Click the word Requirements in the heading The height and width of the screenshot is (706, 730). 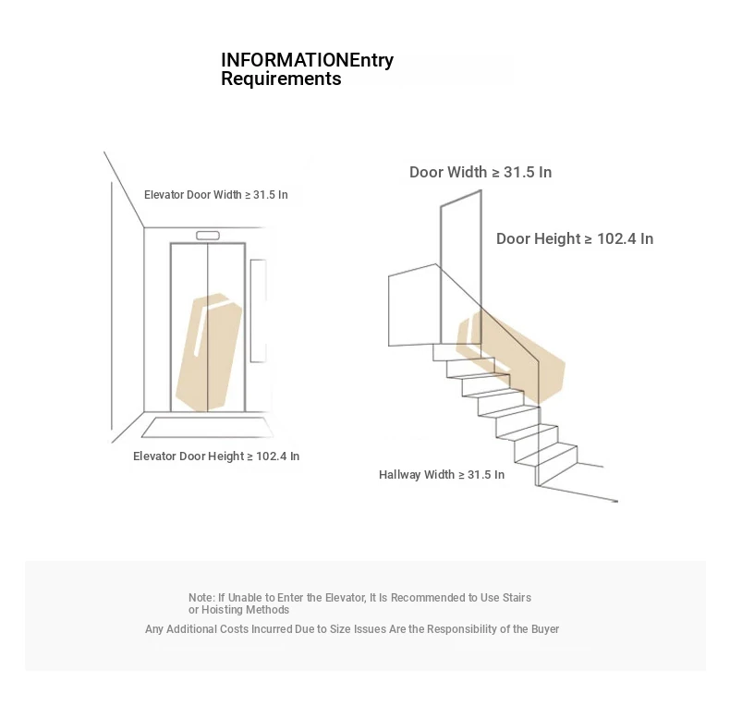(281, 79)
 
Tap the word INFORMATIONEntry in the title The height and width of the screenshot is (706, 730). (308, 60)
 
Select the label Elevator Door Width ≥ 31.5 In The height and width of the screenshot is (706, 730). (215, 195)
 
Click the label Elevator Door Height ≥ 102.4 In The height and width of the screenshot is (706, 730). (216, 456)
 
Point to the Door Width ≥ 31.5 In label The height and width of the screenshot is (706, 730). (481, 172)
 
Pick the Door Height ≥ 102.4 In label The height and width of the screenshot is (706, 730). (575, 238)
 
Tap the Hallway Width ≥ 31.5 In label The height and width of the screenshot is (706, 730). (442, 475)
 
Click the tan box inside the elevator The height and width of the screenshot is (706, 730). (209, 352)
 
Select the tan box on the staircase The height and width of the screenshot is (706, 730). (510, 357)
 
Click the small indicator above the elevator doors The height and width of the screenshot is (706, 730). (208, 236)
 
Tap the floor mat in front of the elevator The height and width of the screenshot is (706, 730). (207, 428)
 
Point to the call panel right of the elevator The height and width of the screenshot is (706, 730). (258, 310)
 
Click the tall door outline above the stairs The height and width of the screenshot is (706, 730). (461, 267)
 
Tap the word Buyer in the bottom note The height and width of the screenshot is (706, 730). (545, 629)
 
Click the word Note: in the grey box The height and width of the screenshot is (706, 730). (201, 598)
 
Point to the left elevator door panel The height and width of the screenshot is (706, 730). (189, 327)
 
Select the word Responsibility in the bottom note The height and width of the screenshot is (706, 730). (462, 629)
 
